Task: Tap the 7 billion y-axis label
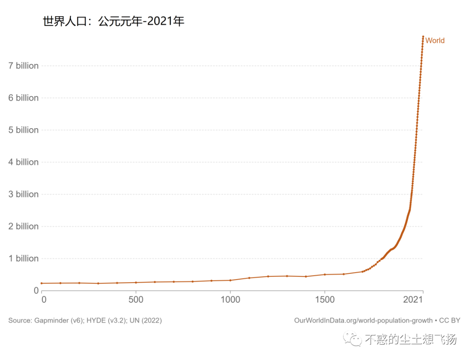point(24,66)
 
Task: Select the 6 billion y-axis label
point(24,98)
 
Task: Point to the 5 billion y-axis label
point(24,130)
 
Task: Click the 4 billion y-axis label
point(24,162)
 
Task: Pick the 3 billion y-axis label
point(24,194)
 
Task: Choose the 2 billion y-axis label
point(24,227)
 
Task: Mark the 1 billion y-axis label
point(24,259)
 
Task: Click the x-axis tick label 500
point(136,300)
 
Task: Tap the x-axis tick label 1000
point(230,300)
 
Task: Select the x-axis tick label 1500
point(325,300)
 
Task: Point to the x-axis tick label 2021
point(413,300)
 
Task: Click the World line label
point(435,41)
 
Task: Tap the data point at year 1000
point(230,280)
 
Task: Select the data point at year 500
point(136,283)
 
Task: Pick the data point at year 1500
point(325,274)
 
